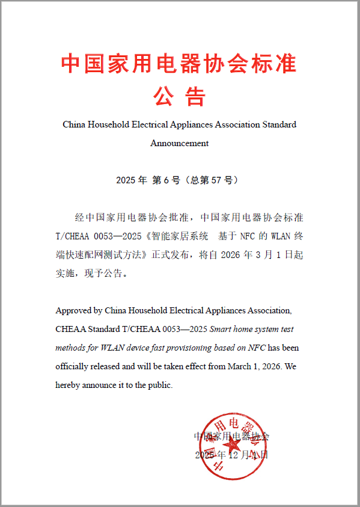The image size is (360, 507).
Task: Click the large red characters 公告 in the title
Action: (x=180, y=96)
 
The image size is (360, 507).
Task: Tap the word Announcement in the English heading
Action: (x=180, y=143)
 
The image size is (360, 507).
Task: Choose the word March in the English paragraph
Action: (x=240, y=366)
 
